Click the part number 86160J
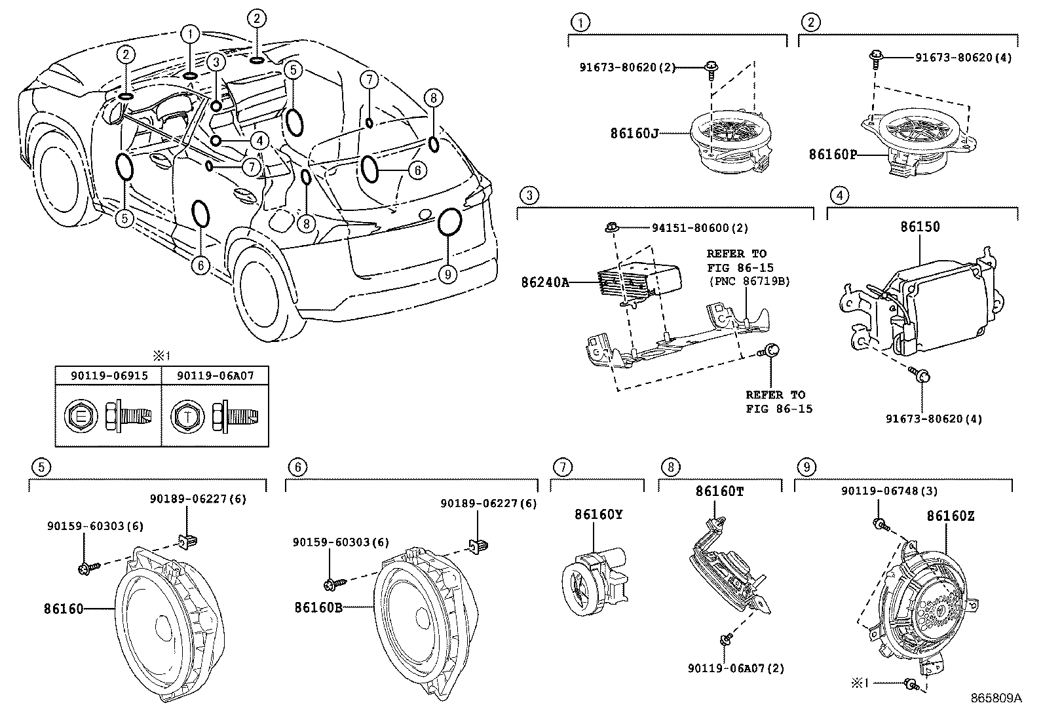634,133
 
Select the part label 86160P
832,155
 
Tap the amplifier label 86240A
545,282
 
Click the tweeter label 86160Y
598,514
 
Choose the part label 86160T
719,491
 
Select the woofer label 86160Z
950,516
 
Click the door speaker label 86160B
318,607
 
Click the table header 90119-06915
109,375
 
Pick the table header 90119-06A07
216,375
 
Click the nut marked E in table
80,417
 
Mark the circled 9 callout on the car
447,274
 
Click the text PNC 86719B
749,281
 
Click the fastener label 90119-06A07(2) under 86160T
736,668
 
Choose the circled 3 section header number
529,195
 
